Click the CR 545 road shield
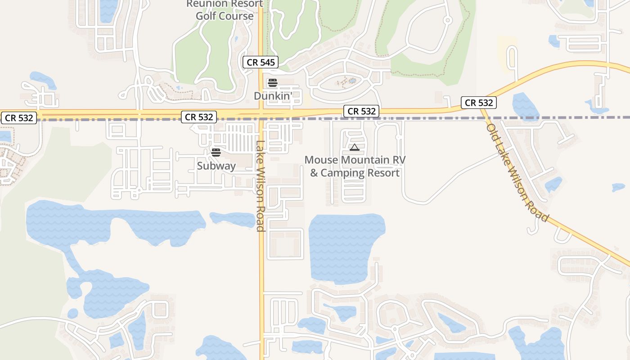[x=261, y=62]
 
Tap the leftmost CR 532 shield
[x=19, y=118]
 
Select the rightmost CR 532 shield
[x=479, y=103]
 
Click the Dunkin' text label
[x=273, y=96]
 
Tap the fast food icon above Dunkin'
[x=272, y=83]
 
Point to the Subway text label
[x=216, y=166]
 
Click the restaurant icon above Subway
[x=216, y=153]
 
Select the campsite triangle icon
[x=355, y=147]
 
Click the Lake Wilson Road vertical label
[x=260, y=186]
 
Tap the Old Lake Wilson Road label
[x=517, y=172]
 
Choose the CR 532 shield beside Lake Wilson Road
[x=199, y=117]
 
